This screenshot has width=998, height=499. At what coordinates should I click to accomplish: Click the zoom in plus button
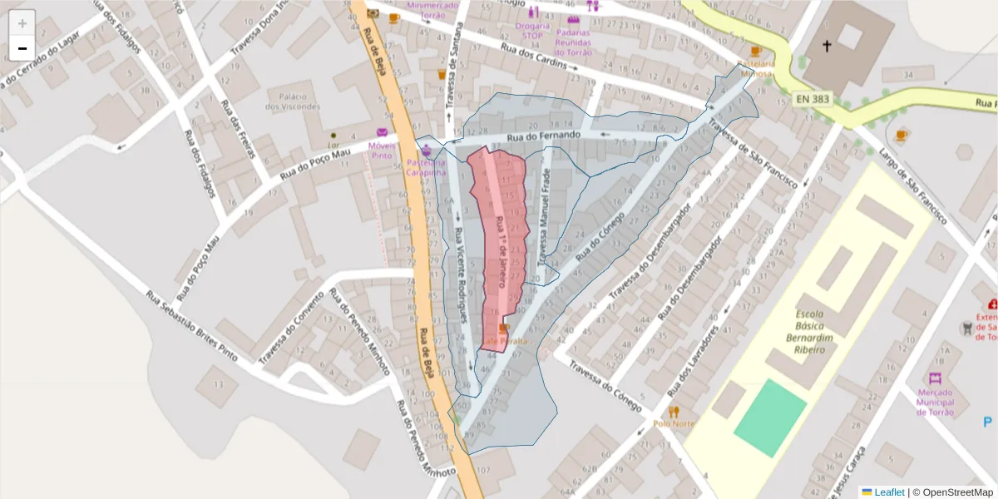[x=22, y=23]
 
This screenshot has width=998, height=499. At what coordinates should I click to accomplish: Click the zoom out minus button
[x=22, y=48]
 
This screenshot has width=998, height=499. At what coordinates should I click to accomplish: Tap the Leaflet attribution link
[x=889, y=492]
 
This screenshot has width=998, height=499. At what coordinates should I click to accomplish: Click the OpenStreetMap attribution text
[x=953, y=492]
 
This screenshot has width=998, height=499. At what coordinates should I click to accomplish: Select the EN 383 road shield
[x=812, y=99]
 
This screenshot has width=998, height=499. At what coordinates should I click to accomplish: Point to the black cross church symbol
[x=827, y=47]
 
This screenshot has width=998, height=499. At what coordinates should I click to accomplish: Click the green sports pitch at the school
[x=770, y=417]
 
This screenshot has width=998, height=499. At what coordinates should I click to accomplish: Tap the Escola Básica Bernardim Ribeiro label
[x=809, y=332]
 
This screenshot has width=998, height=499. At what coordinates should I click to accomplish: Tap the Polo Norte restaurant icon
[x=674, y=411]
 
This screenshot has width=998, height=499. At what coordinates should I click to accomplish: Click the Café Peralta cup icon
[x=503, y=329]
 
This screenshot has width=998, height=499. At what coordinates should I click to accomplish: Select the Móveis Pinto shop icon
[x=382, y=132]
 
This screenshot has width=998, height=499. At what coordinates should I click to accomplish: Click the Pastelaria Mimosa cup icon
[x=755, y=52]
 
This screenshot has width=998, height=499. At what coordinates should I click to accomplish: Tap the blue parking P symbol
[x=987, y=422]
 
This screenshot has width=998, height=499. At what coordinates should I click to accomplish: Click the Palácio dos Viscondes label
[x=292, y=101]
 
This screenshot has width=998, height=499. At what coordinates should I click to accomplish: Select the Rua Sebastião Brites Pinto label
[x=190, y=326]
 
